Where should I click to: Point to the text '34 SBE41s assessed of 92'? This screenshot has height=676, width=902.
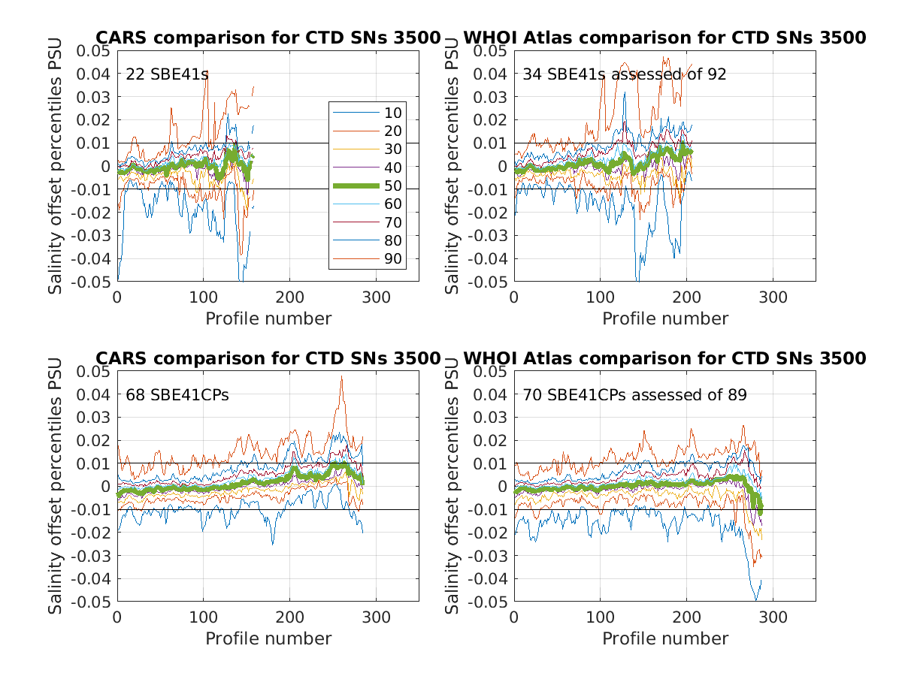pos(624,74)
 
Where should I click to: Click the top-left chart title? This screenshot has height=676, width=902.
pos(267,38)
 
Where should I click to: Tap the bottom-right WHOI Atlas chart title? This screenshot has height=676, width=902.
pos(664,358)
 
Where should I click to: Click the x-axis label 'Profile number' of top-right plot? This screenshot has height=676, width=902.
pos(664,318)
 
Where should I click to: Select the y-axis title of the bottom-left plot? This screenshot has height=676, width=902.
pos(56,486)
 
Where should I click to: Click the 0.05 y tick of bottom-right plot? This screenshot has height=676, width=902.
pos(489,372)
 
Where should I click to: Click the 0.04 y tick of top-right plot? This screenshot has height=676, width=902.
pos(489,74)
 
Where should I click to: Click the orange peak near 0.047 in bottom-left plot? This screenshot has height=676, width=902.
pos(341,377)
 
